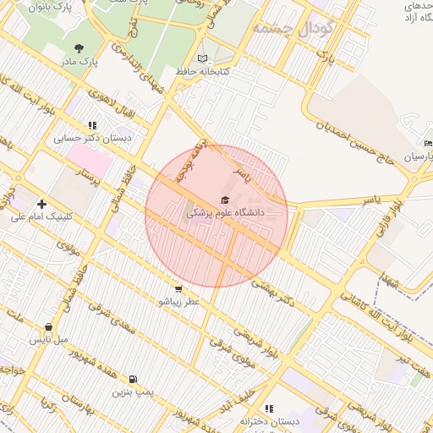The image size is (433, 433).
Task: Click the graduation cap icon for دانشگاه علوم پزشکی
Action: pos(225,200)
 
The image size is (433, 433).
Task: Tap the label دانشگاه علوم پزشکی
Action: pos(225,215)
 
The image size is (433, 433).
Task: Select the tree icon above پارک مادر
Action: pos(79,48)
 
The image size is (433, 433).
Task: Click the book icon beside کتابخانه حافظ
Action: pos(201,58)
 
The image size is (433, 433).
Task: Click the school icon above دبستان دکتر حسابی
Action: pos(93,124)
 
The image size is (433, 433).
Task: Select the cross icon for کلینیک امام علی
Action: pos(41,203)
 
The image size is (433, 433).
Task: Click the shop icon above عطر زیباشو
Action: pos(176,288)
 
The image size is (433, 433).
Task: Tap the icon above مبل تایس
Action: pos(48,326)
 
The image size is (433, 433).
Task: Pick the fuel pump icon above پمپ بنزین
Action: pos(133,379)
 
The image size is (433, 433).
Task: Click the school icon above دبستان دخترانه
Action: pos(269,408)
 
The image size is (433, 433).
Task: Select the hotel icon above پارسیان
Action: pos(427,143)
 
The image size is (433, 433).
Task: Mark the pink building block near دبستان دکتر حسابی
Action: pos(89,159)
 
